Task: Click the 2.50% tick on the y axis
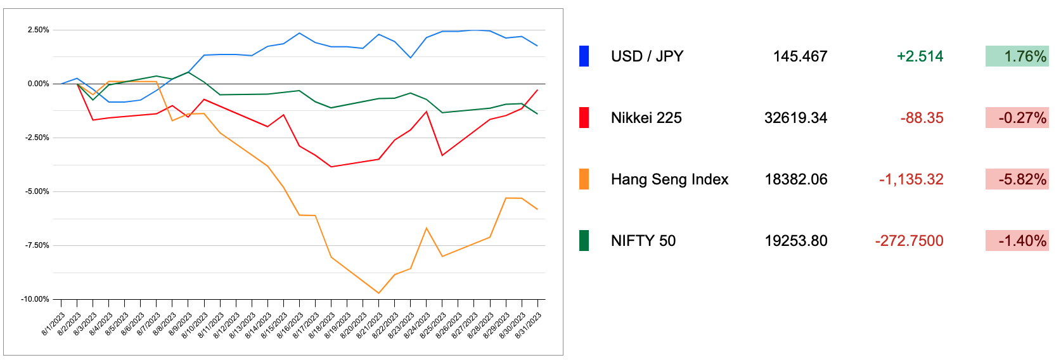38,30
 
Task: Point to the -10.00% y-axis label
35,299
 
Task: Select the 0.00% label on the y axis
38,84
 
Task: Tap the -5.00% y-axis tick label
37,191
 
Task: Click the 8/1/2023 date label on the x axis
53,324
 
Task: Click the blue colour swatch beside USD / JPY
584,56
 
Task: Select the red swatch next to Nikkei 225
584,118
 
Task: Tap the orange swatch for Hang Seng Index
584,179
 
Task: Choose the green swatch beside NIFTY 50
584,241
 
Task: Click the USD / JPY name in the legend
647,56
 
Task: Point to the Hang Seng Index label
669,179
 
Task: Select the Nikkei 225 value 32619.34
795,118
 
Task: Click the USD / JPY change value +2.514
920,56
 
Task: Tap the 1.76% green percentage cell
1017,56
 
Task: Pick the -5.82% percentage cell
1017,179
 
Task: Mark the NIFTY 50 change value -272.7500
909,241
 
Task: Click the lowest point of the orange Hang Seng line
378,293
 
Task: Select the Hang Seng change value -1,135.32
911,179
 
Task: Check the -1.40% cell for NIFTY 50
1017,241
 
